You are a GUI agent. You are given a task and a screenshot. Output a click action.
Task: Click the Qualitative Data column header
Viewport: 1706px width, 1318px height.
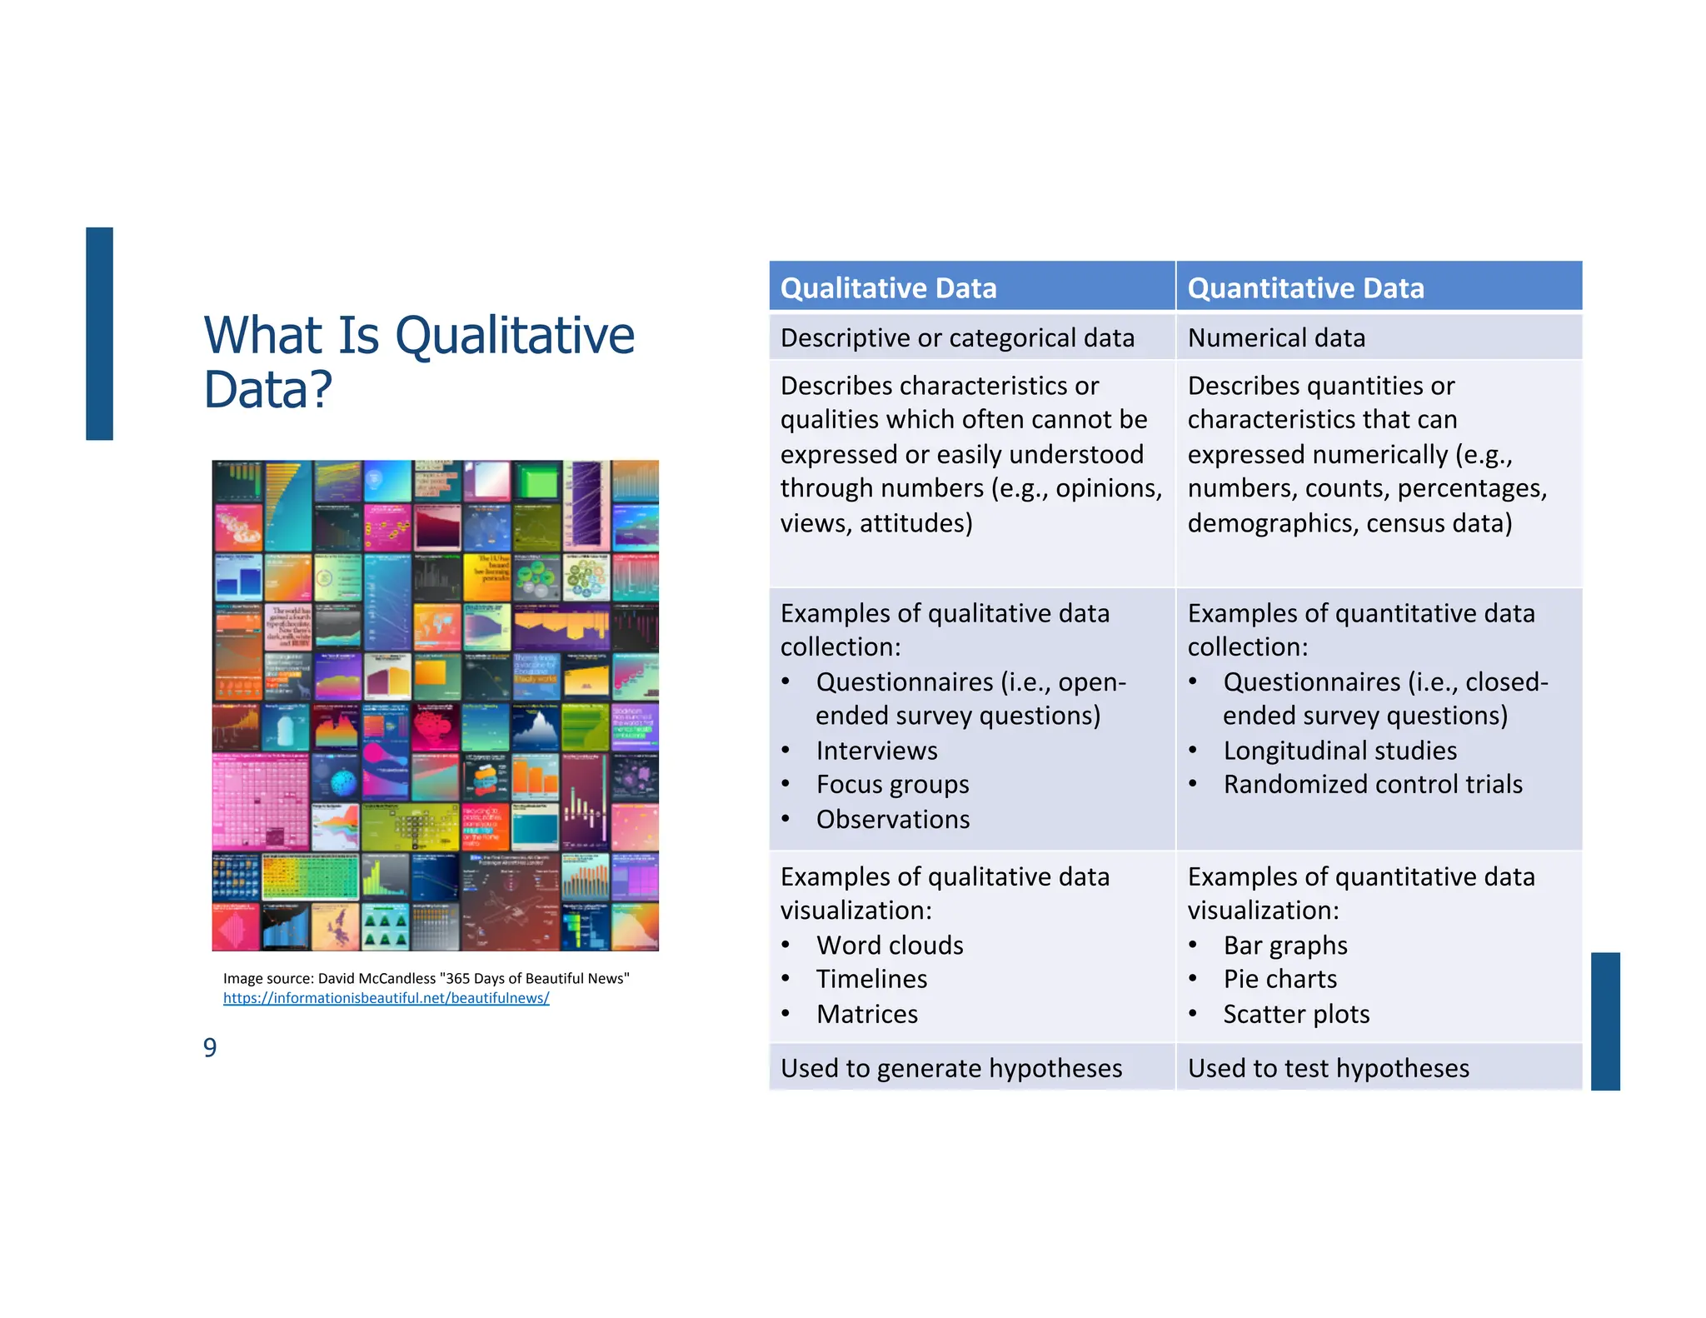[x=888, y=288]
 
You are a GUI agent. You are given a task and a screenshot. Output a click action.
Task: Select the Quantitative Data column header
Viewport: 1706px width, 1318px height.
[x=1305, y=288]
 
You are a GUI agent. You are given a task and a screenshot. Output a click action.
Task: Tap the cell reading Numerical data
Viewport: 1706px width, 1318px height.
[x=1276, y=338]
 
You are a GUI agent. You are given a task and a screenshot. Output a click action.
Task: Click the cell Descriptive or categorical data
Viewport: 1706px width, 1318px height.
[x=957, y=338]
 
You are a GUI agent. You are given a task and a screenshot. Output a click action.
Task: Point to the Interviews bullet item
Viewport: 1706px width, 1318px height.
[x=876, y=751]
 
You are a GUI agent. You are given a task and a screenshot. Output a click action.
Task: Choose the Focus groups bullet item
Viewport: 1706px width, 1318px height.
[x=892, y=785]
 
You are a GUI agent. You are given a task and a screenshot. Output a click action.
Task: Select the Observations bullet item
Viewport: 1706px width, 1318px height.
[x=893, y=820]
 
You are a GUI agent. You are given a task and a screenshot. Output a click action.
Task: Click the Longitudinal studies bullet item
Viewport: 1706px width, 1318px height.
[x=1339, y=751]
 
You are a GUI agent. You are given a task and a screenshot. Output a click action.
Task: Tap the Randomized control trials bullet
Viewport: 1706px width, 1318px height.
[x=1372, y=785]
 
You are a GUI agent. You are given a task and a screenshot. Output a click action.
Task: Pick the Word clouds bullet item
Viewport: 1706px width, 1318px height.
[x=890, y=946]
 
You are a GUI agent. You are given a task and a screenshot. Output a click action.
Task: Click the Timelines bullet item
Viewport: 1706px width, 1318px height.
[x=871, y=980]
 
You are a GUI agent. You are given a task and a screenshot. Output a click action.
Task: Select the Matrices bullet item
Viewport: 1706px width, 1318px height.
[x=867, y=1015]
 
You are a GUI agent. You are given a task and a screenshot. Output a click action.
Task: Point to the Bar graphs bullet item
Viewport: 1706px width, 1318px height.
[x=1285, y=946]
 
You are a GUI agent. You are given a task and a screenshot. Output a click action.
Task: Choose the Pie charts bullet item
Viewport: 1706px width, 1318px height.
[x=1280, y=980]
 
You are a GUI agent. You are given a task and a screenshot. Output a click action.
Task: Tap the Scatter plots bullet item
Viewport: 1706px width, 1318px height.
[x=1296, y=1015]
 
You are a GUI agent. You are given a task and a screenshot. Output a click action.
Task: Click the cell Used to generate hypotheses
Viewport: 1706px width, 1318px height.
[x=951, y=1069]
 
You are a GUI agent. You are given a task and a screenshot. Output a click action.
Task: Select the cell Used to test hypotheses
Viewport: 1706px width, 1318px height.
[x=1329, y=1069]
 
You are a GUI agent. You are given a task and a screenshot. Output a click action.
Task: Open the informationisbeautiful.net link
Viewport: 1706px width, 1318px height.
[x=386, y=998]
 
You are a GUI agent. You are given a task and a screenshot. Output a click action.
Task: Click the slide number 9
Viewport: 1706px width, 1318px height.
[x=210, y=1047]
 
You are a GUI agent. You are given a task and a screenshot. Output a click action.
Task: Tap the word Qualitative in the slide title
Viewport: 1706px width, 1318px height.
[x=514, y=336]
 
